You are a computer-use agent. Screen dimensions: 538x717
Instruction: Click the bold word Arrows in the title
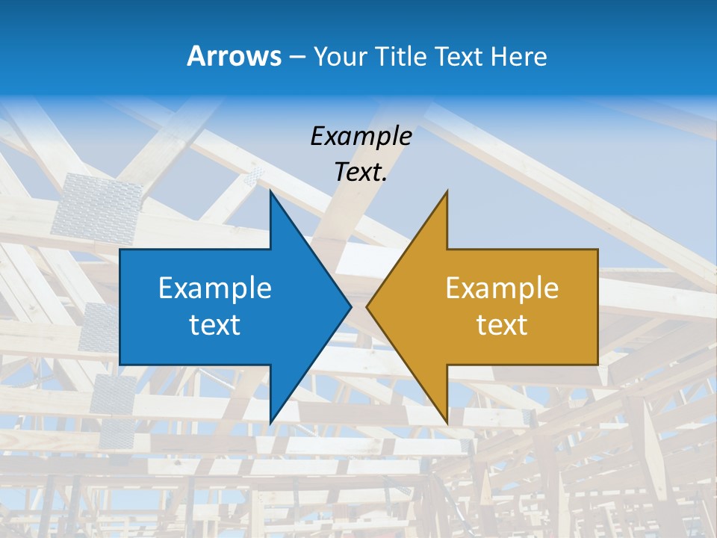point(234,56)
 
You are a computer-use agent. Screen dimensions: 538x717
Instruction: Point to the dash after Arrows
point(297,57)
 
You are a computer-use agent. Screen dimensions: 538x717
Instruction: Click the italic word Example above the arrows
point(361,136)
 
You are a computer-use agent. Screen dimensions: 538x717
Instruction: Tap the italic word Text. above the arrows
point(361,173)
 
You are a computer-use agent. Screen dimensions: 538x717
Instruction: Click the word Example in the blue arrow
point(215,288)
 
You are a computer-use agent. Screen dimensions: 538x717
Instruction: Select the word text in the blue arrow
point(215,324)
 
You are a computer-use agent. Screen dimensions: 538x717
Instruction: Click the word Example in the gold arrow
point(502,288)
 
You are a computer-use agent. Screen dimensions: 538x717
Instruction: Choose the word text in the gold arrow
point(502,324)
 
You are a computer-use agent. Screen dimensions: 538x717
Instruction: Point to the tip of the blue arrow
point(350,306)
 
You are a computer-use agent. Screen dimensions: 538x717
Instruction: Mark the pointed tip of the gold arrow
point(367,306)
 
